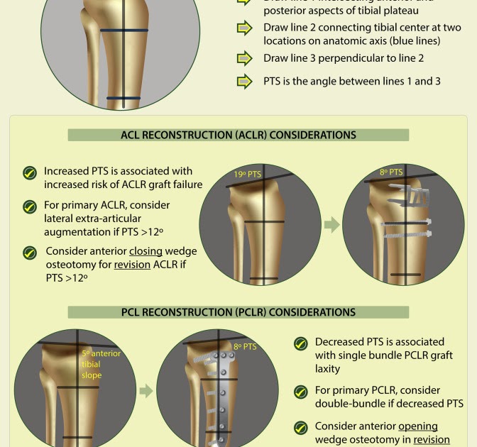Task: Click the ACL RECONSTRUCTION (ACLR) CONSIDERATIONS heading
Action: pyautogui.click(x=238, y=135)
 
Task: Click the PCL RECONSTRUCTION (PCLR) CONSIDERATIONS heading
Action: pyautogui.click(x=238, y=312)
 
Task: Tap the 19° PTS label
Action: pyautogui.click(x=248, y=174)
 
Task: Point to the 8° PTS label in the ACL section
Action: pyautogui.click(x=391, y=172)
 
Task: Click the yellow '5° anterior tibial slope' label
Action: pyautogui.click(x=101, y=364)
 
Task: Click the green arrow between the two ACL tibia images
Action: pyautogui.click(x=331, y=226)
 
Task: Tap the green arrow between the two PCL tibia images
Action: pyautogui.click(x=146, y=391)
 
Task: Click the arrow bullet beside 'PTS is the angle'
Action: pyautogui.click(x=244, y=82)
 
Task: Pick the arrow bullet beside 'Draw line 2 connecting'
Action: pyautogui.click(x=244, y=28)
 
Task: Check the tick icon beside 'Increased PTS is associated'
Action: pyautogui.click(x=30, y=173)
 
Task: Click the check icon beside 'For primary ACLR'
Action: pyautogui.click(x=30, y=206)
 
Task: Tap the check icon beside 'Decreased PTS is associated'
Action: pyautogui.click(x=301, y=343)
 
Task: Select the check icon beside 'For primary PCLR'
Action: pyautogui.click(x=301, y=392)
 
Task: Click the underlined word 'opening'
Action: pyautogui.click(x=418, y=426)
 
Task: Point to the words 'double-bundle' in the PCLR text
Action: pyautogui.click(x=349, y=404)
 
